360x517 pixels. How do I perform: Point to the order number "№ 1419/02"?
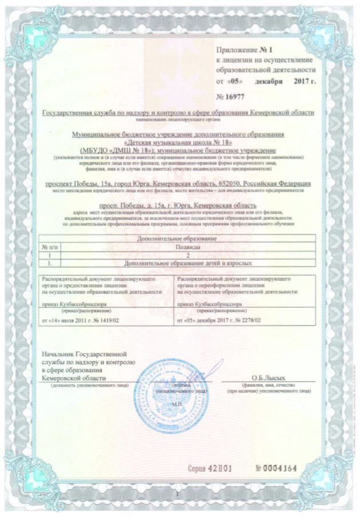(x=102, y=322)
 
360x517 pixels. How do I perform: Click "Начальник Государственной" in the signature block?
(x=83, y=356)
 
